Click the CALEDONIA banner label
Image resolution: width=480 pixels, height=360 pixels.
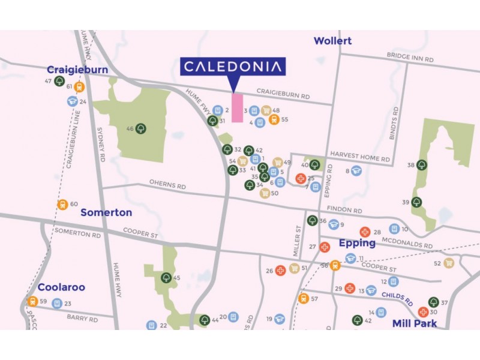(x=233, y=67)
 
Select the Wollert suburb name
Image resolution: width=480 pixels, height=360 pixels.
(x=332, y=41)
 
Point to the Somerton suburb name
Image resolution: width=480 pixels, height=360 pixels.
(x=106, y=212)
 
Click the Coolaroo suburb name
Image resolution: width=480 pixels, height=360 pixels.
(x=62, y=287)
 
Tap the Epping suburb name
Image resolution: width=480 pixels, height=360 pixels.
(x=357, y=243)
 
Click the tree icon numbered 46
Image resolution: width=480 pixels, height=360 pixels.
(x=140, y=128)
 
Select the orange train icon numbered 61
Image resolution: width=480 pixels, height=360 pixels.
(x=79, y=87)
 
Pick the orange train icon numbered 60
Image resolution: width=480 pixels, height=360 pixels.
(x=62, y=205)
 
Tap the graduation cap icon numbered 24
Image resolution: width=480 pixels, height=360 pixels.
(x=72, y=101)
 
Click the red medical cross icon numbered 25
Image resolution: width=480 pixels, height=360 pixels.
(x=301, y=178)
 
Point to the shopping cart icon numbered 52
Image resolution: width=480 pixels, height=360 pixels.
(x=448, y=263)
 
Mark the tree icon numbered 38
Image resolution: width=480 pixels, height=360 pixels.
(x=422, y=164)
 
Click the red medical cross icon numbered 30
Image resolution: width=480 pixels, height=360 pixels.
(x=423, y=312)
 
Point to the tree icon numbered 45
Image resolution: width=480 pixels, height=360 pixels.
(x=166, y=278)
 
